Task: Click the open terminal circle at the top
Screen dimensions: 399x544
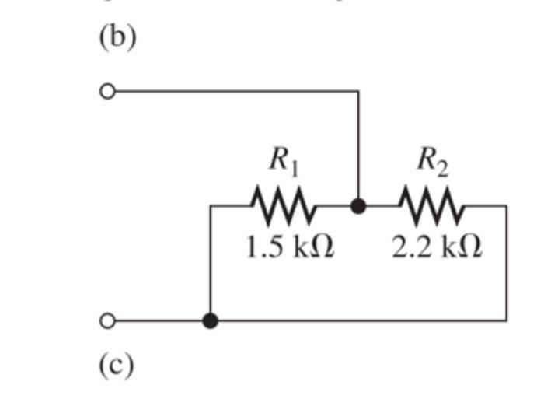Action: click(107, 92)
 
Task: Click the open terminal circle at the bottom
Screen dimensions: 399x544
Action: click(107, 320)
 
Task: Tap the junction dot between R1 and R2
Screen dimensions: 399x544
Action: click(358, 206)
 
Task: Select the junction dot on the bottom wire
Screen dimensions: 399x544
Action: click(210, 320)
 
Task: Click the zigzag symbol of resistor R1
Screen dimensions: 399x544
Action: click(283, 206)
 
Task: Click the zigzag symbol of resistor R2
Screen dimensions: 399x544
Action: click(432, 206)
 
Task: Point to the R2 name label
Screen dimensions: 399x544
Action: click(432, 160)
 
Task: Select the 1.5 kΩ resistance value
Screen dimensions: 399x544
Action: click(289, 247)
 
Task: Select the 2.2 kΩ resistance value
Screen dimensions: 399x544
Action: click(437, 247)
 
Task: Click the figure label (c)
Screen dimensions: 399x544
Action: click(117, 363)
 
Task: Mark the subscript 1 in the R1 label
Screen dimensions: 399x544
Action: click(294, 167)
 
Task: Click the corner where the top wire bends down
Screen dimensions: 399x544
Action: click(358, 92)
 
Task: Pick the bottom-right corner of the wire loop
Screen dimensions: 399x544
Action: click(507, 320)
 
